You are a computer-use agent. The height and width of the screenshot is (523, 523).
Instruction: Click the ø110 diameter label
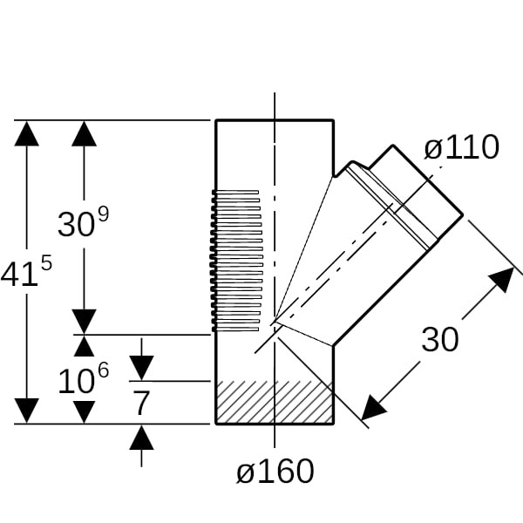(x=461, y=148)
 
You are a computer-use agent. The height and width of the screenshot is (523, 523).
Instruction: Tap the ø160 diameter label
(x=275, y=472)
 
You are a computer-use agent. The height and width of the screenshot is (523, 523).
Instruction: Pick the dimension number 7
(x=141, y=403)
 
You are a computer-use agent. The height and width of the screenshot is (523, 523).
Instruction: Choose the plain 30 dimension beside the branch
(x=439, y=340)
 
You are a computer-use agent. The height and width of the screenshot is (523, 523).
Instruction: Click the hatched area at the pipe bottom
(x=274, y=402)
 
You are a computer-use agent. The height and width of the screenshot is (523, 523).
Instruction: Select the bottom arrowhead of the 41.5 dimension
(x=27, y=411)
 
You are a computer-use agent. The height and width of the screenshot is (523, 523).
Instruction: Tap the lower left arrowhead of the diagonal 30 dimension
(x=374, y=407)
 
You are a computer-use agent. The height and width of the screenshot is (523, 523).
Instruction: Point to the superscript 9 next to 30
(x=103, y=212)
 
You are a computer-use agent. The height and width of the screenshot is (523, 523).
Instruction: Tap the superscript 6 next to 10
(x=103, y=369)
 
